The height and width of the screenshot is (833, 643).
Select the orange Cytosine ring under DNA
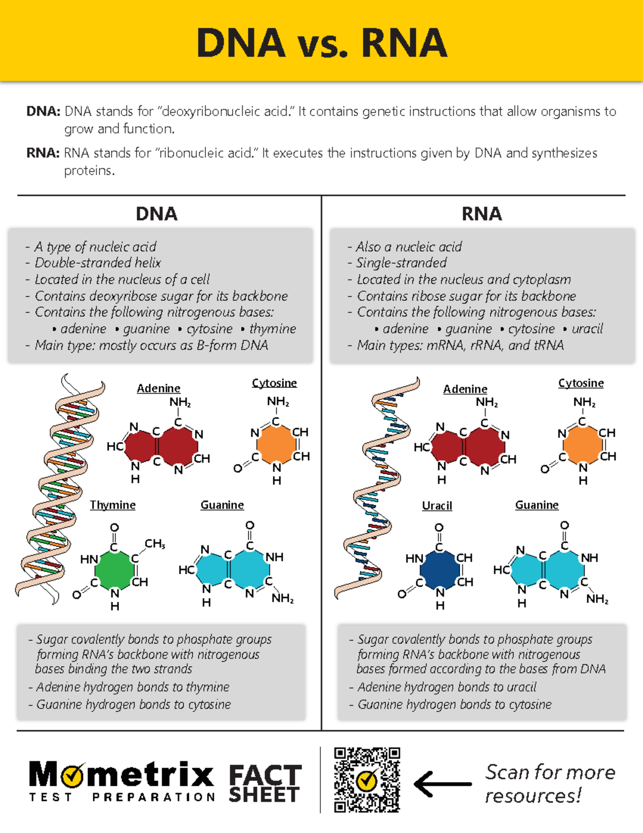click(x=276, y=444)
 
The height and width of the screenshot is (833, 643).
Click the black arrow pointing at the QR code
click(x=443, y=784)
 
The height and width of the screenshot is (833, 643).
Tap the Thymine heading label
click(x=113, y=505)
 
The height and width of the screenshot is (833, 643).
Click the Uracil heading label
click(x=437, y=505)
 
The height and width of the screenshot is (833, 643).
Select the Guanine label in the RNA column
click(x=536, y=505)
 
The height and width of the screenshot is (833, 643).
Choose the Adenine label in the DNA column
click(x=158, y=388)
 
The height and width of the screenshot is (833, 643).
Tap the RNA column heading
click(x=482, y=214)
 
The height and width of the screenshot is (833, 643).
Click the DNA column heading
click(x=156, y=214)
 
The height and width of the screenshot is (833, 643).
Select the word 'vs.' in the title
click(x=323, y=44)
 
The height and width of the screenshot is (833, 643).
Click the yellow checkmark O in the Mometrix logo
click(x=72, y=775)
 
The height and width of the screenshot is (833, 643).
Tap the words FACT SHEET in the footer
click(x=265, y=784)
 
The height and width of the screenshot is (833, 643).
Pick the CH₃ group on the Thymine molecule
click(x=154, y=544)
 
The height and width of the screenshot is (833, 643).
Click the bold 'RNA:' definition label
click(x=43, y=153)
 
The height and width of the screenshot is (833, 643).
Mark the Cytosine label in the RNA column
click(x=581, y=383)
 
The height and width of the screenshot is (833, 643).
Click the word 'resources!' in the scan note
click(x=533, y=795)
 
